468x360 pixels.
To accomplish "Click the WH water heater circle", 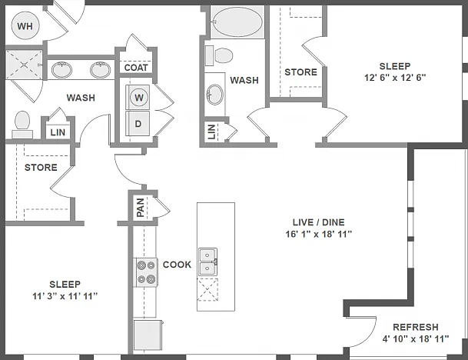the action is click(25, 25).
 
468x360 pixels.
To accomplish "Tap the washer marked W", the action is click(138, 98).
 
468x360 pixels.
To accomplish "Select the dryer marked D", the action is click(138, 123).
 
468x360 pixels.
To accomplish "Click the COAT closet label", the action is click(136, 68).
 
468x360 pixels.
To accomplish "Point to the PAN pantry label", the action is click(141, 208).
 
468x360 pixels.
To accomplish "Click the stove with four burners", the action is click(146, 272).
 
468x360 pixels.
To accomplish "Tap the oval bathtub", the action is click(238, 22).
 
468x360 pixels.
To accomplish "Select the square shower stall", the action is click(24, 65).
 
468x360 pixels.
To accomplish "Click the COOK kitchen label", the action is click(177, 265).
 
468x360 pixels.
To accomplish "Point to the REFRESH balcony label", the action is click(416, 327).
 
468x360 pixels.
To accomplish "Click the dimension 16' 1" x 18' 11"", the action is click(318, 234).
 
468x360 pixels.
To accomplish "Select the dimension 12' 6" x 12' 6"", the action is click(394, 78).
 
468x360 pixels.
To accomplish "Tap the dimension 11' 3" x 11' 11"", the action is click(65, 296).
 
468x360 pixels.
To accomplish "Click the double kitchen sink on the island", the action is click(207, 262).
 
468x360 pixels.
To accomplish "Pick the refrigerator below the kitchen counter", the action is click(148, 335).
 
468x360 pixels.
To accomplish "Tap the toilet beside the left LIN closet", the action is click(22, 125).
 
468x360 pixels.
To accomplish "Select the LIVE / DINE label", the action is click(318, 222).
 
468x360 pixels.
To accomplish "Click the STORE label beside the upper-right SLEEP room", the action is click(300, 72).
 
